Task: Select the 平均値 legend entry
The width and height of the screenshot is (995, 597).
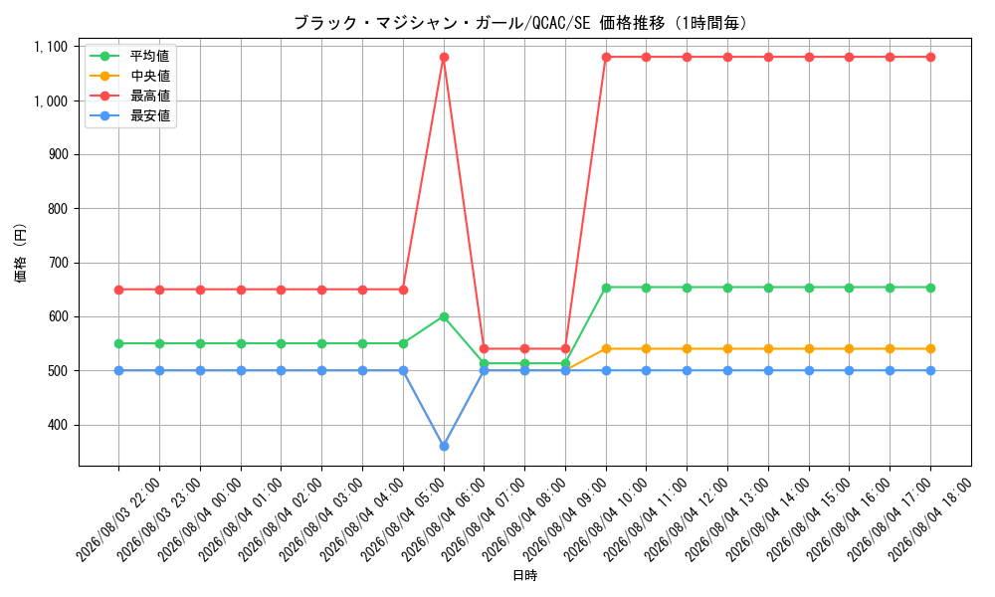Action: (x=130, y=56)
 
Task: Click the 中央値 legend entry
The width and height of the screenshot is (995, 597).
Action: (x=130, y=77)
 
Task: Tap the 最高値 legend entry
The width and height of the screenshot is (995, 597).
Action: (x=130, y=96)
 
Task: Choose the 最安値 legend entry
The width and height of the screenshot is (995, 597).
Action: (x=130, y=116)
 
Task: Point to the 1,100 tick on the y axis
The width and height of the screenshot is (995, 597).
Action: (x=51, y=47)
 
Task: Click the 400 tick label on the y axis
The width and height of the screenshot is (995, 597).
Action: (x=58, y=425)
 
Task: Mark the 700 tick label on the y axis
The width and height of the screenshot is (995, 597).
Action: (x=58, y=263)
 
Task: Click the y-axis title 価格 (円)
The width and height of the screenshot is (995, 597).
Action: (x=21, y=253)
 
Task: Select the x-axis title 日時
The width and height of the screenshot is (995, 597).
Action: (x=524, y=575)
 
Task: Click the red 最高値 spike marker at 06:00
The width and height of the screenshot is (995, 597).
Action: (x=444, y=57)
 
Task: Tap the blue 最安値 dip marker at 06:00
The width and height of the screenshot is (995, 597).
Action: (x=444, y=447)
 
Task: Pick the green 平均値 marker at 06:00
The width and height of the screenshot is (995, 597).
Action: (x=444, y=316)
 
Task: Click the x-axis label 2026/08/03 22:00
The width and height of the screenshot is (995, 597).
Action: (x=118, y=519)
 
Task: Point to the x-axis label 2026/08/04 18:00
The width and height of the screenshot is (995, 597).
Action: (x=929, y=519)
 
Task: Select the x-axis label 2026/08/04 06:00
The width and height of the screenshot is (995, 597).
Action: (x=443, y=519)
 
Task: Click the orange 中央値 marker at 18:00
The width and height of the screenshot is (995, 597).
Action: (x=930, y=349)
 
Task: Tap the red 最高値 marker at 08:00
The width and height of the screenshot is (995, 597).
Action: (x=524, y=349)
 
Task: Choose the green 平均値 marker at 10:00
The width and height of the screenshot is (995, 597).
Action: (x=606, y=288)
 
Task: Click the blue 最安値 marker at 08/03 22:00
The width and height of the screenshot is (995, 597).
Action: (x=118, y=370)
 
